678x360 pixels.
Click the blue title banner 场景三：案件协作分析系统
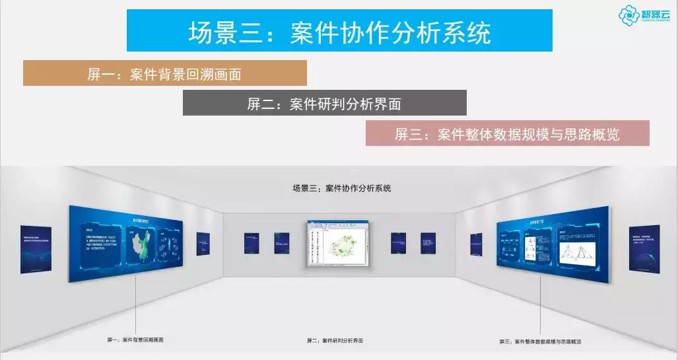tap(339, 31)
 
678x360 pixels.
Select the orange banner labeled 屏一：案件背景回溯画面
tap(165, 73)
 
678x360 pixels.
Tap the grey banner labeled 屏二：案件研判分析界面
tap(324, 103)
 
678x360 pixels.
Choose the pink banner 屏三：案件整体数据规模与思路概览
tap(507, 133)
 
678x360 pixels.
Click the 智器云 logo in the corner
tap(646, 15)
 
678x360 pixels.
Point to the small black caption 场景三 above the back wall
tap(341, 188)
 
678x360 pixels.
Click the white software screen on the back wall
tap(338, 243)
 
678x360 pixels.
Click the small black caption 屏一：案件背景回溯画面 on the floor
tap(135, 340)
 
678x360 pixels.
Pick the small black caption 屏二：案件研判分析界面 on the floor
tap(335, 341)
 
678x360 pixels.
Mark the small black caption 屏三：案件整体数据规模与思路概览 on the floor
tap(540, 342)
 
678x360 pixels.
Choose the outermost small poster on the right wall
tap(644, 247)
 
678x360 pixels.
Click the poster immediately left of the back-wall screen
tap(283, 243)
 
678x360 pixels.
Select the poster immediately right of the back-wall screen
tap(397, 243)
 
